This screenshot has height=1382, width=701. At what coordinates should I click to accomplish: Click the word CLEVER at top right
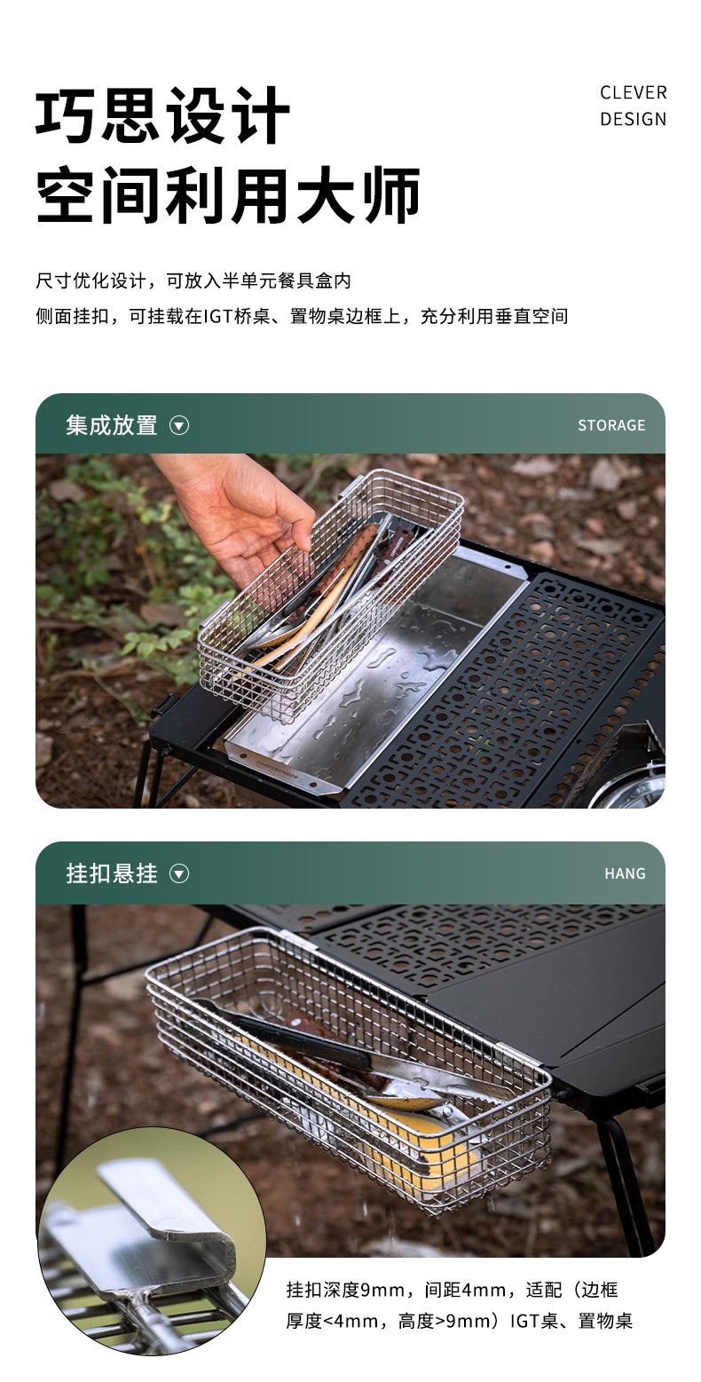point(634,92)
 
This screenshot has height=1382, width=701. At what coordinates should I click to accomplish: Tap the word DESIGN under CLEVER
point(634,119)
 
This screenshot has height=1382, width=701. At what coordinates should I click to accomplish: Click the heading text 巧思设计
point(162,115)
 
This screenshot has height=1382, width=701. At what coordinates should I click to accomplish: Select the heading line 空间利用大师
point(228,194)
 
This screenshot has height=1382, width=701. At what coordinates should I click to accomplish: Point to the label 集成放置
point(112,425)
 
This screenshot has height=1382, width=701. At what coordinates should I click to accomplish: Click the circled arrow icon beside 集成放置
point(178,426)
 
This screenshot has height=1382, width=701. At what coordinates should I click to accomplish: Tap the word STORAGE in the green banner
point(611,426)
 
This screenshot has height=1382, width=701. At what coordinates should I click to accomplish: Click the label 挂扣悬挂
point(112,873)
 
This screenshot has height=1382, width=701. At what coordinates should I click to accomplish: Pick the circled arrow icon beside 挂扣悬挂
point(178,874)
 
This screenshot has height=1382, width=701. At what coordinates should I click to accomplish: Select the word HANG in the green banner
point(626,873)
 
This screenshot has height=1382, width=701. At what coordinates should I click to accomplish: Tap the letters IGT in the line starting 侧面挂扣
point(217,317)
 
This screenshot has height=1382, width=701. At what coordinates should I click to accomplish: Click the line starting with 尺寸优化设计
point(193,280)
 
